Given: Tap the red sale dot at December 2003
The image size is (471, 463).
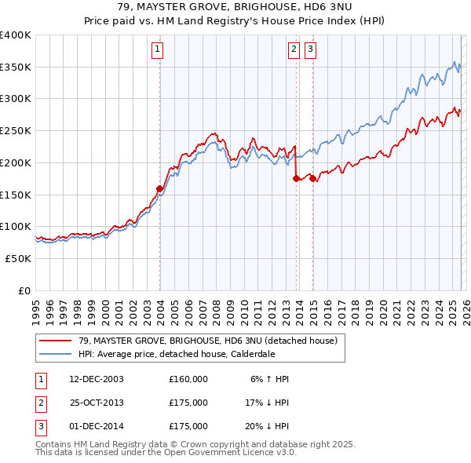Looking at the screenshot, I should coord(159,188).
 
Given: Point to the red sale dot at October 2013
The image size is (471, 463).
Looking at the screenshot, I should coord(296,179).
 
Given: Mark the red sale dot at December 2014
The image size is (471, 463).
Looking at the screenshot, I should coord(312,179).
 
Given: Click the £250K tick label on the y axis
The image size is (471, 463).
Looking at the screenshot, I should coord(16,131).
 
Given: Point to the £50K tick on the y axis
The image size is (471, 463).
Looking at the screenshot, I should coord(19,258).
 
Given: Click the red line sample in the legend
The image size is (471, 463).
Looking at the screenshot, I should coord(55,341).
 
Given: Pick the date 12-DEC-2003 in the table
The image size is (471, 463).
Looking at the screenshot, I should coord(97,379).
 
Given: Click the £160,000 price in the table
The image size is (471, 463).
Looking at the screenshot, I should coord(188,379).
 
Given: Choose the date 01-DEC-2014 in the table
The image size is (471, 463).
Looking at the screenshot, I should coord(97,426).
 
